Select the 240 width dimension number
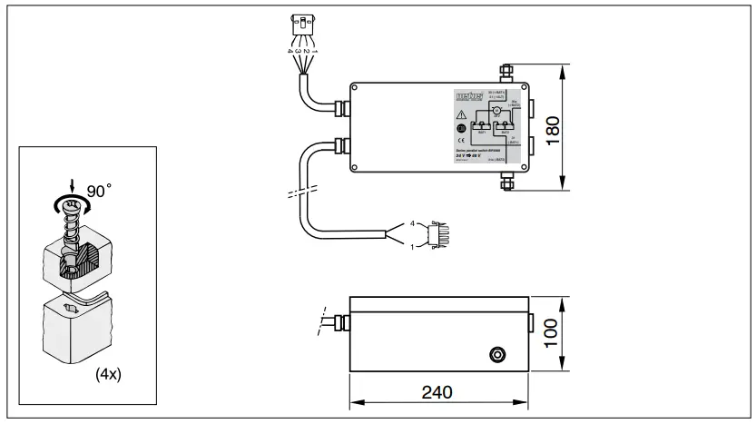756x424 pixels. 437,391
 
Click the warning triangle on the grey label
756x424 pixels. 462,115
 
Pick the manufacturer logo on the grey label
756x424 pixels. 468,97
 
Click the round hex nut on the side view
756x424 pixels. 496,351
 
